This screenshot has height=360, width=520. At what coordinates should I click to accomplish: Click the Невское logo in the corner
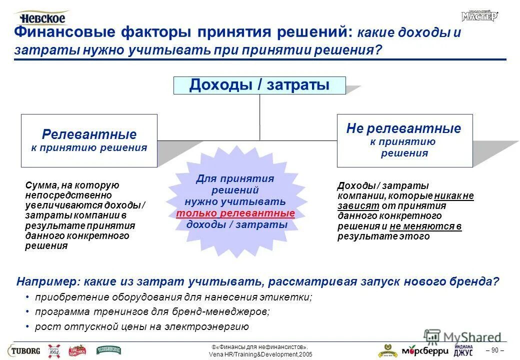click(42, 17)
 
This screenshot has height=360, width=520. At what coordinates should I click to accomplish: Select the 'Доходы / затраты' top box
click(259, 85)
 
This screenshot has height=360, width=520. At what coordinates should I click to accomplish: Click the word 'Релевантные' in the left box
click(89, 134)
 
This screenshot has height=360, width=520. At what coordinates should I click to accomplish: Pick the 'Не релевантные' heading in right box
click(403, 128)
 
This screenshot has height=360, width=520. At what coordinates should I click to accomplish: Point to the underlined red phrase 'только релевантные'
click(235, 213)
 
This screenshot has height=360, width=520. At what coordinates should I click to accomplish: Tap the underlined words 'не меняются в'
click(425, 226)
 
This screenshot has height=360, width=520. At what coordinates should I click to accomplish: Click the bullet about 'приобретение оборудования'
click(173, 297)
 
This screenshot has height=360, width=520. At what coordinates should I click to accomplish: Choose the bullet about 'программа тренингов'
click(152, 312)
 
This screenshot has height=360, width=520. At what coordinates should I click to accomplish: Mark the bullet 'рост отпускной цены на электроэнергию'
click(141, 327)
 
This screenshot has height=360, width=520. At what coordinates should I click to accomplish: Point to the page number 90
click(494, 349)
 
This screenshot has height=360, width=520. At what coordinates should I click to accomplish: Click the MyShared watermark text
click(470, 337)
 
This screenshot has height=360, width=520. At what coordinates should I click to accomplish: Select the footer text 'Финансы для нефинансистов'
click(260, 347)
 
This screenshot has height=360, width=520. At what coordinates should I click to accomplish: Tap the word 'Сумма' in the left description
click(38, 185)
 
